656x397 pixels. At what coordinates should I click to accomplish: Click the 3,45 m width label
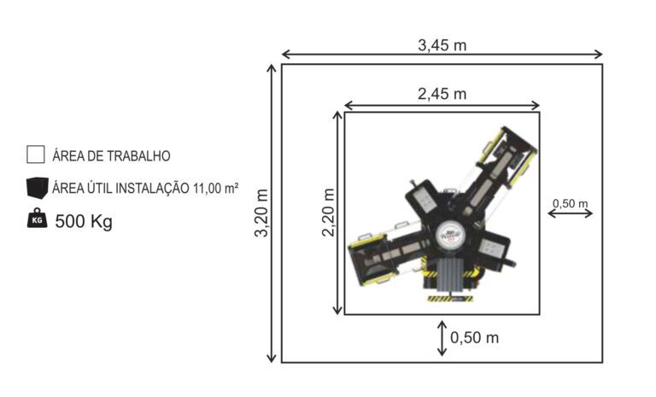pyautogui.click(x=442, y=44)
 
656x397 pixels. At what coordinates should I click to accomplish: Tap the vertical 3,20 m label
pyautogui.click(x=261, y=213)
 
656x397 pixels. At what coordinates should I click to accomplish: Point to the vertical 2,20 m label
pyautogui.click(x=329, y=213)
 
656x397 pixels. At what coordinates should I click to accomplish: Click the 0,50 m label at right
pyautogui.click(x=571, y=202)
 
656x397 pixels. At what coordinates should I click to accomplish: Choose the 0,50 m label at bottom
pyautogui.click(x=474, y=337)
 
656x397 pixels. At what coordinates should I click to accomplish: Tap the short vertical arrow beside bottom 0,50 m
pyautogui.click(x=442, y=337)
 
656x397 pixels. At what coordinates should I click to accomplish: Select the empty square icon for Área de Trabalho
pyautogui.click(x=35, y=155)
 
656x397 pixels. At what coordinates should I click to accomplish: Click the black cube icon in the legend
pyautogui.click(x=36, y=187)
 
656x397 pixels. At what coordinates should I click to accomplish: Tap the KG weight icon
pyautogui.click(x=36, y=219)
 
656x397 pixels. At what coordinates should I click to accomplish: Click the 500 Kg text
pyautogui.click(x=84, y=221)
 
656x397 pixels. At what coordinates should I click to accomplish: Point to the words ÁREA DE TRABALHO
pyautogui.click(x=111, y=155)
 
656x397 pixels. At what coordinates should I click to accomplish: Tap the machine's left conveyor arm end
pyautogui.click(x=364, y=257)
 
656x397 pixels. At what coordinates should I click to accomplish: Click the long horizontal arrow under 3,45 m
pyautogui.click(x=442, y=55)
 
